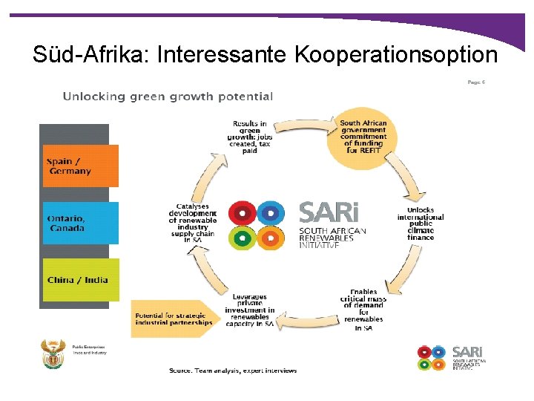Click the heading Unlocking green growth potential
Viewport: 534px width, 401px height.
click(168, 97)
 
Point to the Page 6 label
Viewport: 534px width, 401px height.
click(476, 82)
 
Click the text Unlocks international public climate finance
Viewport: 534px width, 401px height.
click(421, 224)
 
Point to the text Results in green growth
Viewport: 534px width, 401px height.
click(249, 136)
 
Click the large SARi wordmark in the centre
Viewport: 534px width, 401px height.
click(329, 212)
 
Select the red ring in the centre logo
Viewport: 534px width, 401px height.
click(242, 212)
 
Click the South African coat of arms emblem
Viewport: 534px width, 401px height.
click(53, 354)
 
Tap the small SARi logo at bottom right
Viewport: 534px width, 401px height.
click(449, 356)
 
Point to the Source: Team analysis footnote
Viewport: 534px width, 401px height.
click(232, 371)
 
